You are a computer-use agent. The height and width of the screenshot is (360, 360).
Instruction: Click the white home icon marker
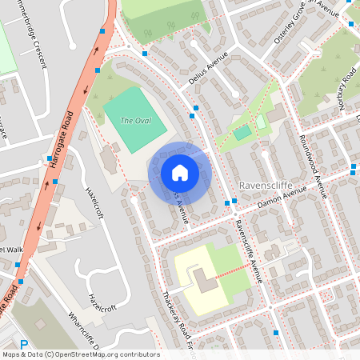pos(180,173)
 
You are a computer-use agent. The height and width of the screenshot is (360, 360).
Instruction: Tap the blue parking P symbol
pos(23,346)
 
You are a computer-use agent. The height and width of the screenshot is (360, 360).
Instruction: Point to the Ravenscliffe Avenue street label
pos(247,248)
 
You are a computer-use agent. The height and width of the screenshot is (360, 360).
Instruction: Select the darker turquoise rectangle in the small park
pos(242,133)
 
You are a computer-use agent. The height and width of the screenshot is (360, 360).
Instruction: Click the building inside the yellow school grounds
pos(205,280)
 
